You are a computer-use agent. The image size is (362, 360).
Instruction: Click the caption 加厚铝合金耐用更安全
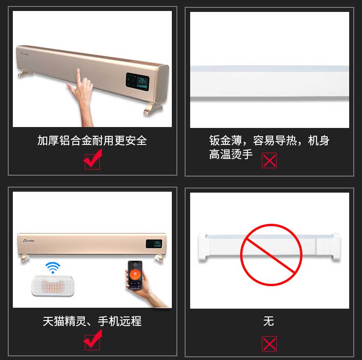click(92, 140)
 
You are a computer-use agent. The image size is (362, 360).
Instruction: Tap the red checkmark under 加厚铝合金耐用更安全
click(93, 161)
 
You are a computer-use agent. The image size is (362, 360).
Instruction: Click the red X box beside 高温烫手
click(269, 161)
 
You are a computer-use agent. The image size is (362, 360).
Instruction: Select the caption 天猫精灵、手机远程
click(92, 321)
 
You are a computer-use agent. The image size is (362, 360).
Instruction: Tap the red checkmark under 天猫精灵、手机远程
click(93, 340)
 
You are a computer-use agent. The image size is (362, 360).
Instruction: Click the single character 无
click(269, 321)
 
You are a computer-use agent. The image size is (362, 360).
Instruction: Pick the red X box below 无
click(269, 343)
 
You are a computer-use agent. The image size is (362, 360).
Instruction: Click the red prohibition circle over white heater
click(271, 255)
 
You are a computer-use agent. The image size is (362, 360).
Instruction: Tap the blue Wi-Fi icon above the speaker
click(53, 267)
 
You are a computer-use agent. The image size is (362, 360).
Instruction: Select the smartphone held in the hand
click(135, 275)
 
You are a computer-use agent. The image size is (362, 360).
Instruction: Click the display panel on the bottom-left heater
click(154, 244)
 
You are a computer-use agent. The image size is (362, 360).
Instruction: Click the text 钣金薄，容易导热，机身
click(269, 140)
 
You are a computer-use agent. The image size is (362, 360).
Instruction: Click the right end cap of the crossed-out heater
click(335, 248)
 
